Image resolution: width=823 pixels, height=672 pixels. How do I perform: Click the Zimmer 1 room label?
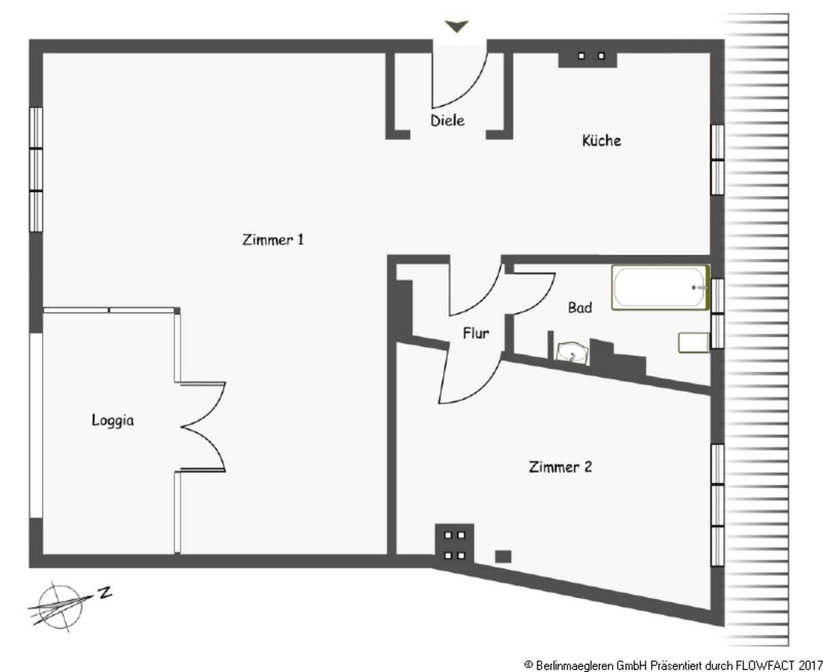pyautogui.click(x=273, y=239)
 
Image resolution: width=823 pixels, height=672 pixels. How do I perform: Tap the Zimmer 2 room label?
pyautogui.click(x=560, y=466)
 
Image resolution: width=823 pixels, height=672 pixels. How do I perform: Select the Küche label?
pyautogui.click(x=601, y=140)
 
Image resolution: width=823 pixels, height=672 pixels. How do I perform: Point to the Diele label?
pyautogui.click(x=447, y=121)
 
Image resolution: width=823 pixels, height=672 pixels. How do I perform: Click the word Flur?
pyautogui.click(x=476, y=333)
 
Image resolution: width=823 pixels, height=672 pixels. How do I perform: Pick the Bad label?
pyautogui.click(x=580, y=308)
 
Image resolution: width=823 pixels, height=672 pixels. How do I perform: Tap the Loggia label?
pyautogui.click(x=112, y=421)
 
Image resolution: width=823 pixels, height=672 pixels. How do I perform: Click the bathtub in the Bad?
pyautogui.click(x=660, y=287)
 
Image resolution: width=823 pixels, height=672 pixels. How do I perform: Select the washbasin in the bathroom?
pyautogui.click(x=572, y=353)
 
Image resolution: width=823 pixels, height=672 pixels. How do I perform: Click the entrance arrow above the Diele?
pyautogui.click(x=457, y=26)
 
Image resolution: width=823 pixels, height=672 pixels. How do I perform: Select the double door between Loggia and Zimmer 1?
pyautogui.click(x=203, y=427)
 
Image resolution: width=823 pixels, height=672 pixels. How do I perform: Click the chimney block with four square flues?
pyautogui.click(x=455, y=544)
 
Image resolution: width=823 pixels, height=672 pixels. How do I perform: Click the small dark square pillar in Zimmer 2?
pyautogui.click(x=503, y=556)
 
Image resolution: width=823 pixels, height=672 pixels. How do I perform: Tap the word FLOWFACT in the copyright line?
pyautogui.click(x=765, y=664)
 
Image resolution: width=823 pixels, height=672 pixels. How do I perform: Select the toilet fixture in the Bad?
pyautogui.click(x=693, y=343)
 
